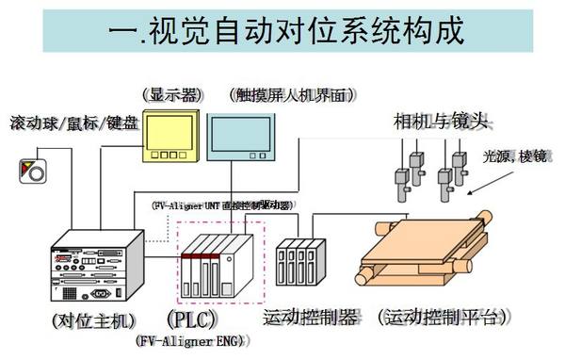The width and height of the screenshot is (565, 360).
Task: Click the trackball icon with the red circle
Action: [31, 172]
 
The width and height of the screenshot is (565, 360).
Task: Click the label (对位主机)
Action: [94, 318]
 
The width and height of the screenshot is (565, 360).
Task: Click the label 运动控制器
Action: [311, 317]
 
